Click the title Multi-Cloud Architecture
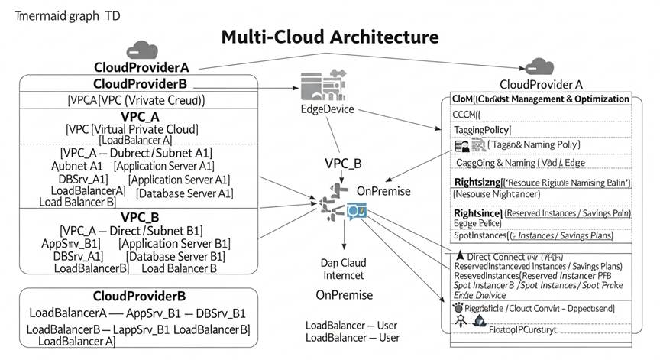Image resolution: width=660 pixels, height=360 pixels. point(330,37)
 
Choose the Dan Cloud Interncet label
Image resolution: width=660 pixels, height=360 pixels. point(344,269)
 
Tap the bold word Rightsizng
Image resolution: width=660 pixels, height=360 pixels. point(476,182)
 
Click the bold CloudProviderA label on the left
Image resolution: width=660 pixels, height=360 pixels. point(141,66)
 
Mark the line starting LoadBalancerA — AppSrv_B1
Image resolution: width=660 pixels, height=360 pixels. point(137,313)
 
